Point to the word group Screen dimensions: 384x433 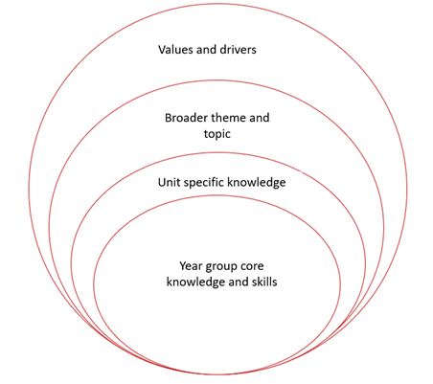point(226,265)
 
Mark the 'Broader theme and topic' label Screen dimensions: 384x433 point(217,127)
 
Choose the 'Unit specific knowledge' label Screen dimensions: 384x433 point(221,181)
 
